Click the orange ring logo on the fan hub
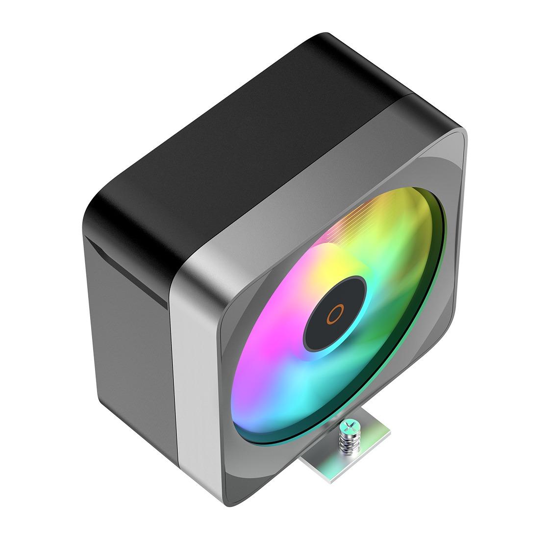(x=336, y=313)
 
